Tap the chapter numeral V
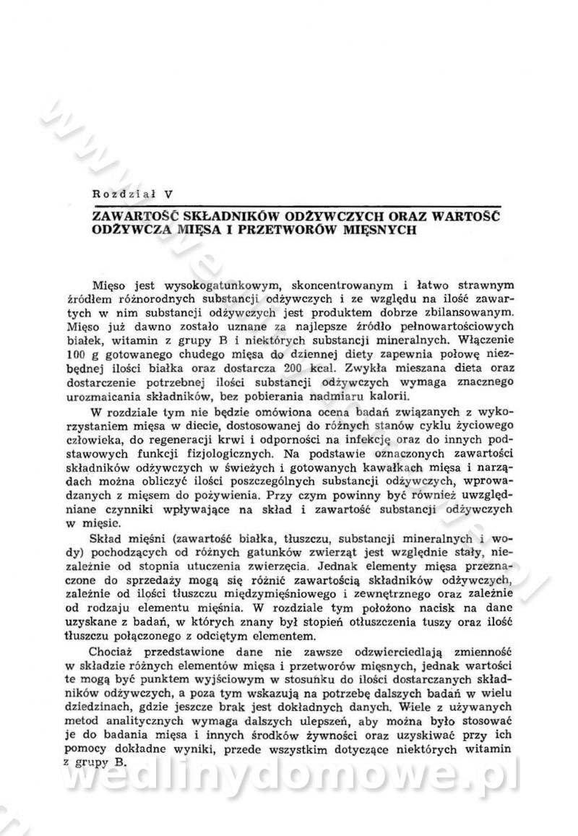[168, 193]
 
